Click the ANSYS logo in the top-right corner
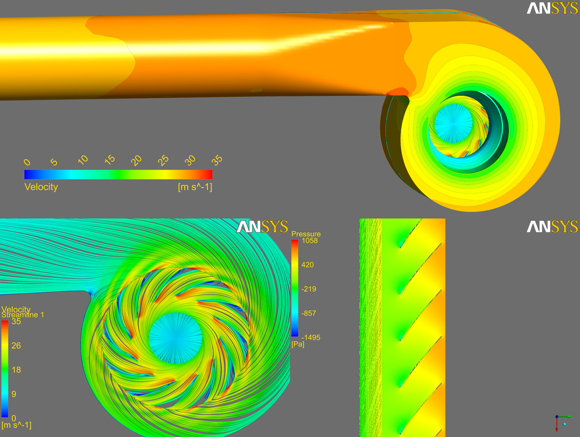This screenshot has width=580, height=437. tap(552, 8)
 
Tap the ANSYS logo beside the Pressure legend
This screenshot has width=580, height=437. tap(262, 227)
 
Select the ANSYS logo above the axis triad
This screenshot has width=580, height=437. tap(552, 227)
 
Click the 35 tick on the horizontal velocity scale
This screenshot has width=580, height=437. tap(217, 160)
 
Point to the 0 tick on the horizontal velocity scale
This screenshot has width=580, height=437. tap(27, 162)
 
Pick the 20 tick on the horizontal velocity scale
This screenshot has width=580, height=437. tap(136, 160)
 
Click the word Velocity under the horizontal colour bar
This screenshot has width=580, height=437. tap(41, 187)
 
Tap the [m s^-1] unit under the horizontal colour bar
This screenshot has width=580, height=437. tap(195, 187)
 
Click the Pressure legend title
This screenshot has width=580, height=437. tap(306, 234)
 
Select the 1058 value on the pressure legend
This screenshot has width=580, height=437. tap(310, 241)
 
